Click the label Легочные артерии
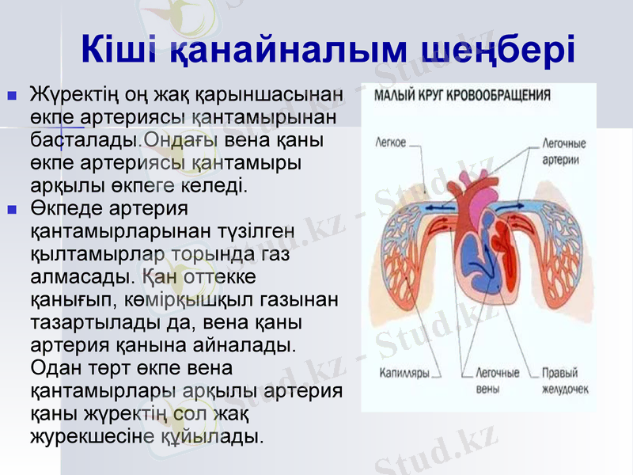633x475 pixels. [x=563, y=151]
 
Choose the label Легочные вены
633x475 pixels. [x=497, y=380]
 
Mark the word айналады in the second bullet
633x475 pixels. [x=245, y=346]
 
